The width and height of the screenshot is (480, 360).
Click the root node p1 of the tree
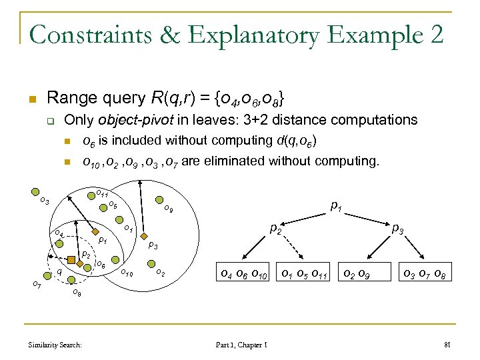click(337, 207)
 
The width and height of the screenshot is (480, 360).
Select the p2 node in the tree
click(274, 229)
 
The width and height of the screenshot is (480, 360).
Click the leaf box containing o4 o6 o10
click(244, 272)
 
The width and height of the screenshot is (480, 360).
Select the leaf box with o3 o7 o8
click(421, 272)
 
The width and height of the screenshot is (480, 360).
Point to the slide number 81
click(447, 345)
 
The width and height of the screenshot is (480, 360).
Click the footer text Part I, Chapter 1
click(241, 345)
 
